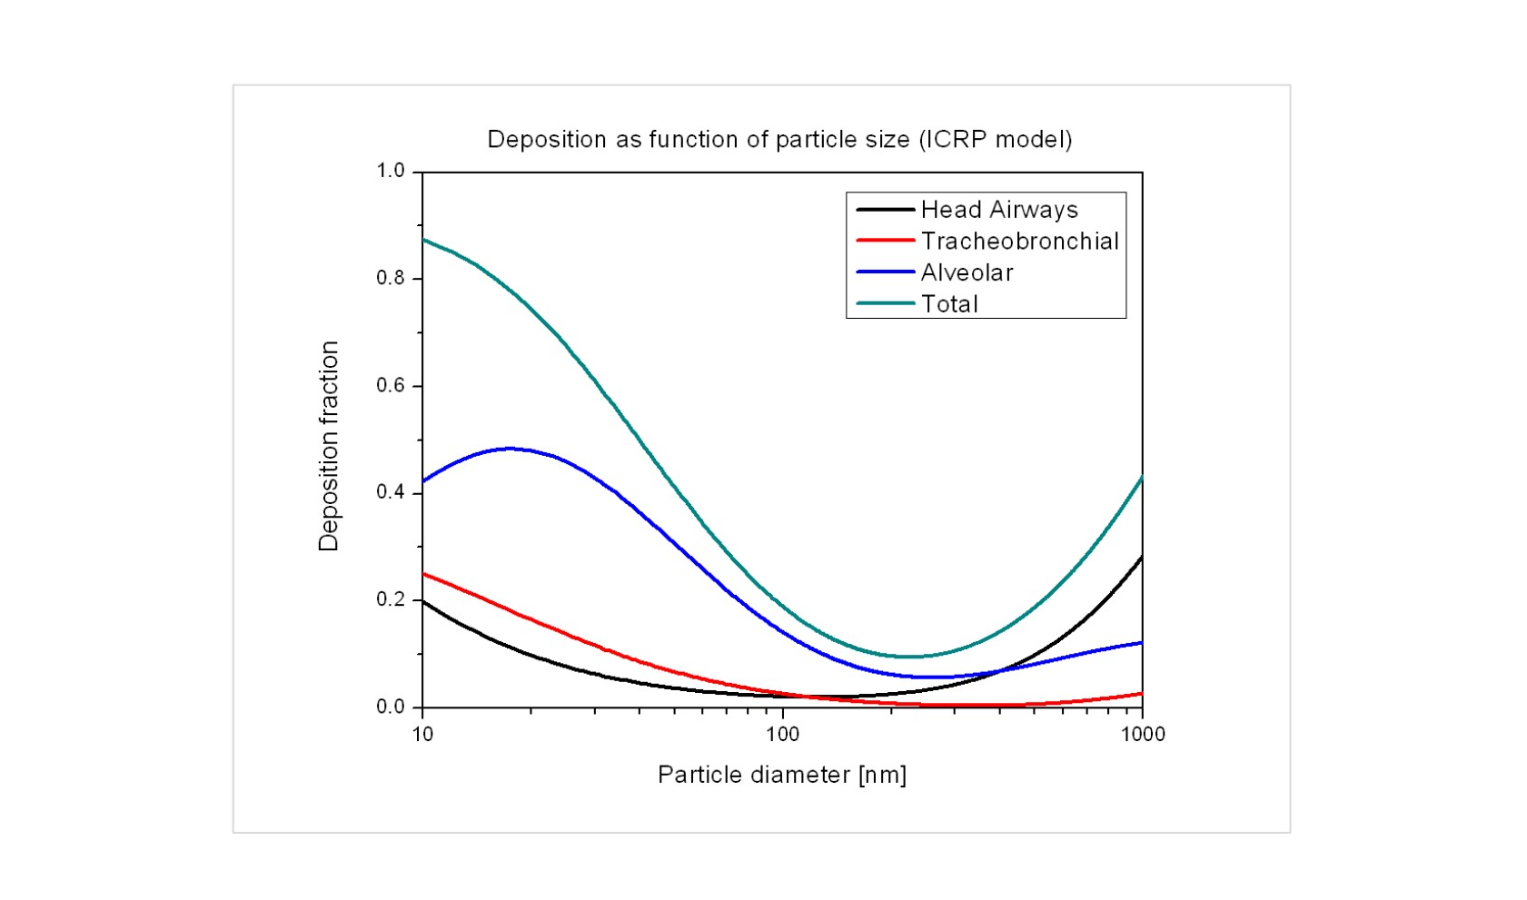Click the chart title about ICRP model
pyautogui.click(x=779, y=140)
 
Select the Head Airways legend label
pyautogui.click(x=999, y=210)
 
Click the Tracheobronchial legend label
pyautogui.click(x=1019, y=242)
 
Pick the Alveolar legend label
pyautogui.click(x=967, y=272)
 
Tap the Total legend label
pyautogui.click(x=949, y=304)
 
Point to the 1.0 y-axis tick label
pyautogui.click(x=391, y=171)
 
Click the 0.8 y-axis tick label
pyautogui.click(x=391, y=278)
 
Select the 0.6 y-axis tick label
pyautogui.click(x=391, y=385)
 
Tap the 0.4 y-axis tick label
pyautogui.click(x=391, y=492)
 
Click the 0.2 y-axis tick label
pyautogui.click(x=391, y=599)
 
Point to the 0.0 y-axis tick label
pyautogui.click(x=391, y=707)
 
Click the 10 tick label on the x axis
pyautogui.click(x=422, y=734)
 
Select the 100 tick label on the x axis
pyautogui.click(x=782, y=734)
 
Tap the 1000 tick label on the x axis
pyautogui.click(x=1142, y=734)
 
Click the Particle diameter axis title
pyautogui.click(x=782, y=775)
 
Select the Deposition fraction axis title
pyautogui.click(x=328, y=446)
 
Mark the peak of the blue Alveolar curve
pyautogui.click(x=511, y=448)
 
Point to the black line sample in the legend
pyautogui.click(x=885, y=210)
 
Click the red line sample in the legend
pyautogui.click(x=885, y=242)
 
